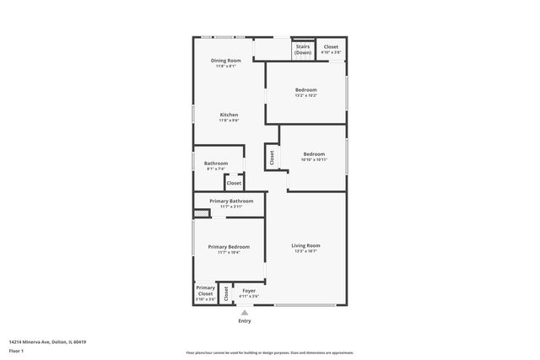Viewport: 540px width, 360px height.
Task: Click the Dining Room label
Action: point(226,61)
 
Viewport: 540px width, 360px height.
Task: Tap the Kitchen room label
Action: point(229,115)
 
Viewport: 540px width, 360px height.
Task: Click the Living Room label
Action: point(305,245)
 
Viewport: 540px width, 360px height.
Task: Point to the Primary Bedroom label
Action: point(229,246)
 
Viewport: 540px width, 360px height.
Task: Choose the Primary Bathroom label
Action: point(231,201)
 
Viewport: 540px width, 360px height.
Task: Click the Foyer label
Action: point(248,291)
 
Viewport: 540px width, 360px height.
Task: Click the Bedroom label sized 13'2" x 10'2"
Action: point(305,90)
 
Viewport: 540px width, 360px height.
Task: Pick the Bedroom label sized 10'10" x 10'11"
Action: point(314,154)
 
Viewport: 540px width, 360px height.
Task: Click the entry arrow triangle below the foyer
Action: point(245,312)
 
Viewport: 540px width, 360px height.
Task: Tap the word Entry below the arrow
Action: point(245,320)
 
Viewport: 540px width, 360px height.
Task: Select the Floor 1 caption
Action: point(16,350)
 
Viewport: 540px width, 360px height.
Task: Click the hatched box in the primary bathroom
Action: point(201,214)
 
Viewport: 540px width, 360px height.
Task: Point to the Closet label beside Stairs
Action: point(331,47)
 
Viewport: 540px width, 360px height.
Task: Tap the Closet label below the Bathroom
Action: point(234,183)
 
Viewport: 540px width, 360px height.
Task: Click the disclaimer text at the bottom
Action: point(269,352)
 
